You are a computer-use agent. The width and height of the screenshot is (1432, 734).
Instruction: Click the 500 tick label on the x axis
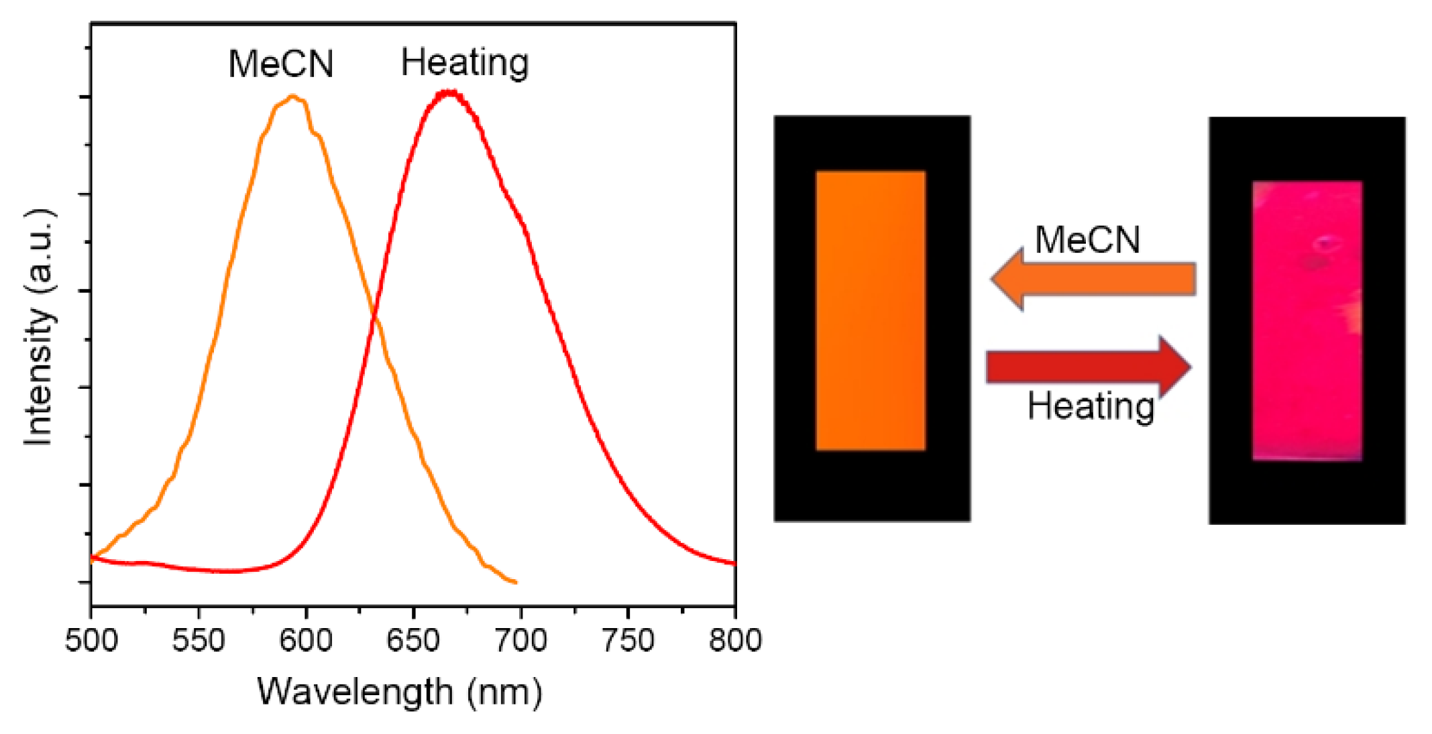[91, 641]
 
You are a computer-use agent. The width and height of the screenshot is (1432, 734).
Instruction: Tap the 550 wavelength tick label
[199, 641]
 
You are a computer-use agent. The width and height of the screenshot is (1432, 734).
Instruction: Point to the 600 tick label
[306, 641]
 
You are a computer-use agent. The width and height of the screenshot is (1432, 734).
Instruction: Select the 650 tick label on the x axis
[413, 641]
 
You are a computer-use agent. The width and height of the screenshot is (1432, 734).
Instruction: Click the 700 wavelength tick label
[520, 641]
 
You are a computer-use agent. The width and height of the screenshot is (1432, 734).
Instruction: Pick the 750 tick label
[628, 641]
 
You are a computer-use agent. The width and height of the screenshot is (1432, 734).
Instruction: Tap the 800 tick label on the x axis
[735, 641]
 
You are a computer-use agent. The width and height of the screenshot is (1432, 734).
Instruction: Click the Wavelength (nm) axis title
[400, 692]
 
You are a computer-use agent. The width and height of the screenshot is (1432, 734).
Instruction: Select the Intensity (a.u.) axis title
[39, 327]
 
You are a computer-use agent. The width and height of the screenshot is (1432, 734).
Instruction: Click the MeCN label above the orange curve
[280, 64]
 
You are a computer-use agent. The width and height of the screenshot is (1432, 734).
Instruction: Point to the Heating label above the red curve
[465, 63]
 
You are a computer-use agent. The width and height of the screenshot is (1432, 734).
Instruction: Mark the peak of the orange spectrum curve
[292, 97]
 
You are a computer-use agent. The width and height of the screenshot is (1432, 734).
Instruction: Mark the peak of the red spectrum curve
[448, 93]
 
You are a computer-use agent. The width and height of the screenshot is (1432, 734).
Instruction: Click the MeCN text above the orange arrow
[1087, 239]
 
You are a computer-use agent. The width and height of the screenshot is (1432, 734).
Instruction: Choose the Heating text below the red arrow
[1091, 406]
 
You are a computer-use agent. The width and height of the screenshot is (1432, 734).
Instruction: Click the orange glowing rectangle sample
[871, 310]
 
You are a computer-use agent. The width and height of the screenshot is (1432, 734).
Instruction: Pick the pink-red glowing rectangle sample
[1307, 320]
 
